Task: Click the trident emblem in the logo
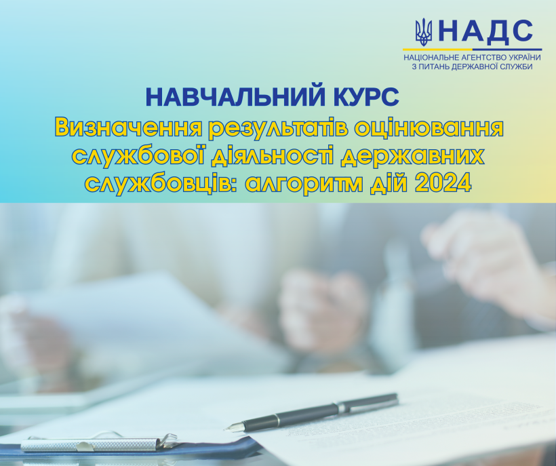pyautogui.click(x=424, y=33)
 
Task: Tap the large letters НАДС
pyautogui.click(x=485, y=31)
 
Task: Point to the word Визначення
pyautogui.click(x=128, y=128)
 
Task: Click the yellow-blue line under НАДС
pyautogui.click(x=473, y=50)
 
